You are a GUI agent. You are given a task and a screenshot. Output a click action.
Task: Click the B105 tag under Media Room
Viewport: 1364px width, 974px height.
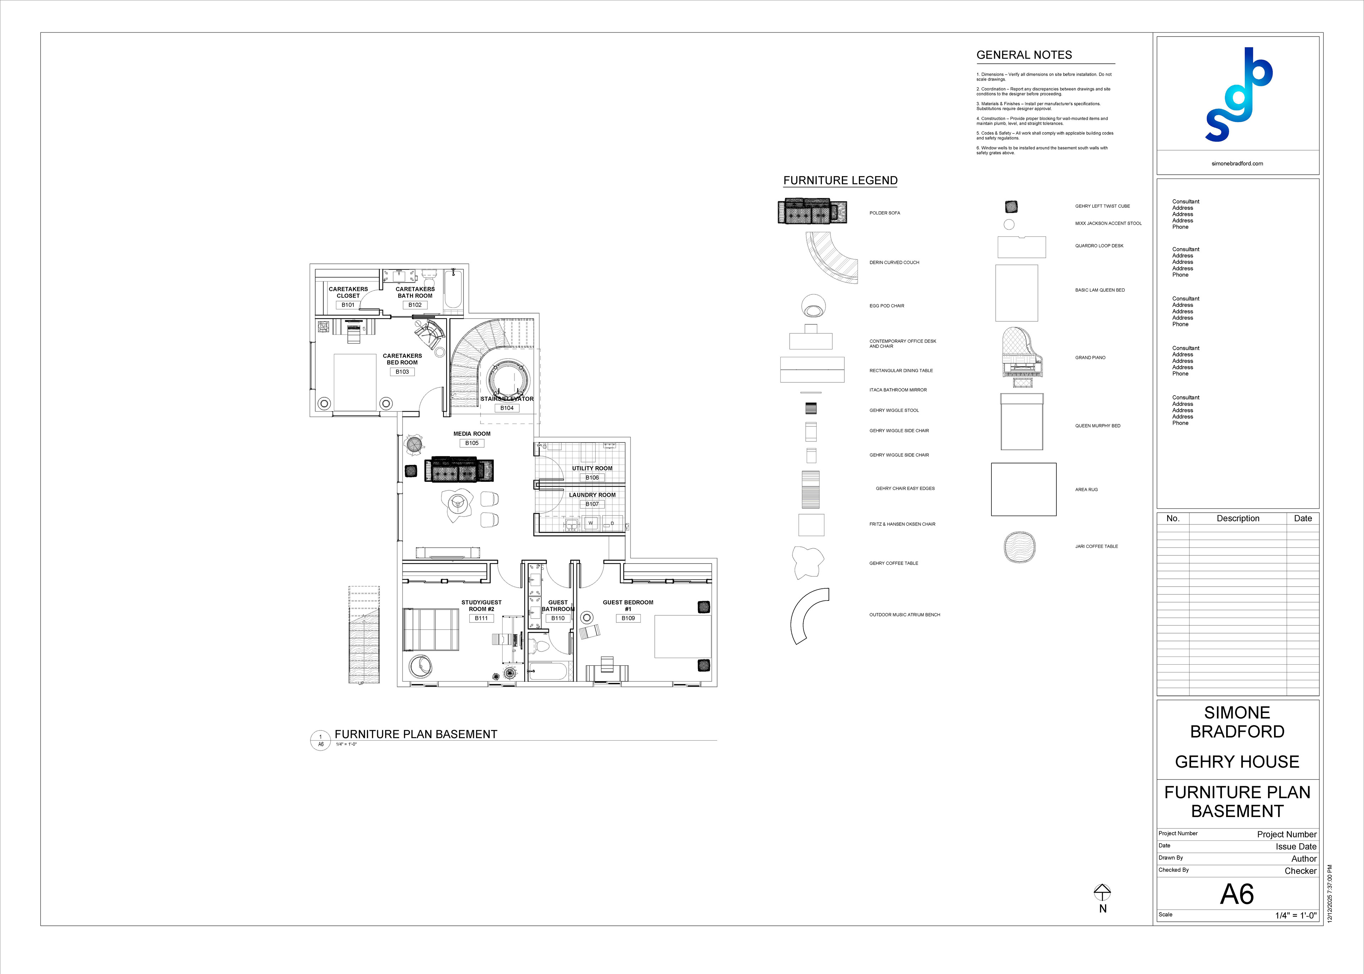click(472, 443)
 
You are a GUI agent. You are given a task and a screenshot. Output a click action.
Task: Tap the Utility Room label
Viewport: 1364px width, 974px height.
click(592, 468)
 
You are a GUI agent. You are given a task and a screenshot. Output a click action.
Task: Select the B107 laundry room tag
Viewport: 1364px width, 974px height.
click(592, 504)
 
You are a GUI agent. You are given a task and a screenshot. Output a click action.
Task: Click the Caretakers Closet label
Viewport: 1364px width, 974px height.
click(348, 292)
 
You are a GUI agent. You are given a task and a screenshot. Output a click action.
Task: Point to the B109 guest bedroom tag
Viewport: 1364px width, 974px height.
click(628, 618)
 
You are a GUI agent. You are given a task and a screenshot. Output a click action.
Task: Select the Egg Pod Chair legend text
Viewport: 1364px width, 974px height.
click(887, 306)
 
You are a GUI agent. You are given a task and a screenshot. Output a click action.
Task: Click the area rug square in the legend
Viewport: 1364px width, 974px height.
click(1023, 489)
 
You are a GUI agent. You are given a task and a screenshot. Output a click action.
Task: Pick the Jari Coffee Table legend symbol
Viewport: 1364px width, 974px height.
click(1019, 547)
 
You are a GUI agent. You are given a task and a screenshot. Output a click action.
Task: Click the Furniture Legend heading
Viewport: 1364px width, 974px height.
click(840, 180)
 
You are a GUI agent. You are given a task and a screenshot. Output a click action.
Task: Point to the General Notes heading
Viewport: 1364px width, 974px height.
click(1024, 55)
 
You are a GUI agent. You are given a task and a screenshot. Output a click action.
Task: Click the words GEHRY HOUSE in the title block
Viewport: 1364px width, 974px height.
click(1237, 762)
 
